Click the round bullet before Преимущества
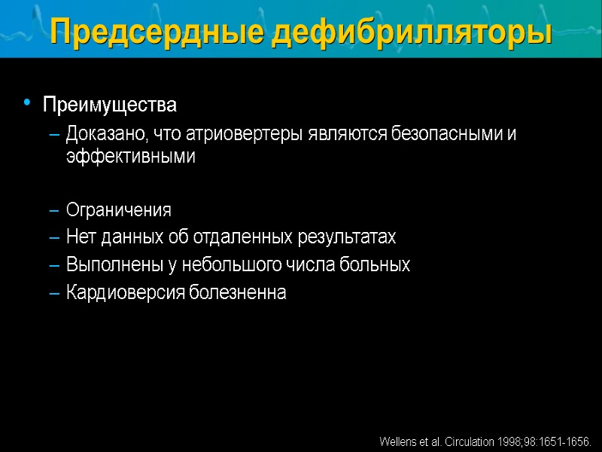pyautogui.click(x=27, y=102)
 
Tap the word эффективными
pyautogui.click(x=130, y=157)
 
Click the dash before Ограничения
pyautogui.click(x=53, y=210)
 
